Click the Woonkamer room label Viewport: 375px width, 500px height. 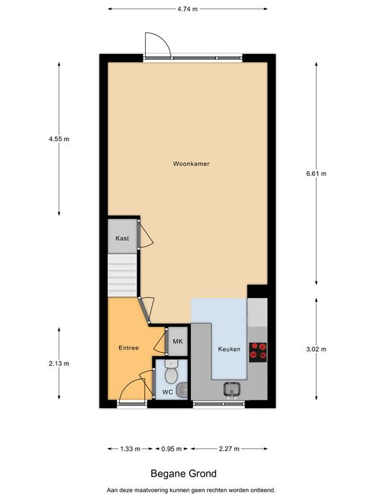[x=191, y=164]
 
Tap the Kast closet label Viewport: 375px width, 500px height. [x=122, y=238]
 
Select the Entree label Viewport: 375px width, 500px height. [x=128, y=348]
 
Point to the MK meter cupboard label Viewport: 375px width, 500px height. [x=178, y=342]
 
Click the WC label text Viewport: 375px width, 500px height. [x=167, y=392]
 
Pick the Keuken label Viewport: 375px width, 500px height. [x=229, y=349]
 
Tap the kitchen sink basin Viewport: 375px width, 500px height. [x=232, y=389]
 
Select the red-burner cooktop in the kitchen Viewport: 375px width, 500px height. [x=258, y=352]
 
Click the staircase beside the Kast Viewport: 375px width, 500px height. [x=122, y=275]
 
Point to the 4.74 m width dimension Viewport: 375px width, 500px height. [x=187, y=9]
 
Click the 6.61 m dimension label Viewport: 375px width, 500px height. [x=316, y=174]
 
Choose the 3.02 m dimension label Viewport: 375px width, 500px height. [x=316, y=349]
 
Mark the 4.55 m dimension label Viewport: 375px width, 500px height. [x=59, y=139]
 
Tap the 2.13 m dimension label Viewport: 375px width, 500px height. [x=59, y=363]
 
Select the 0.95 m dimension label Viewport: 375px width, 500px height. [x=171, y=449]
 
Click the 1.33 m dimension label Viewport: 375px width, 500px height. [x=130, y=449]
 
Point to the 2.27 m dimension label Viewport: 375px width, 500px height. [x=229, y=449]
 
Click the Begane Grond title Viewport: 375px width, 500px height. [x=184, y=474]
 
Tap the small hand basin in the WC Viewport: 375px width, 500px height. [x=184, y=390]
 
